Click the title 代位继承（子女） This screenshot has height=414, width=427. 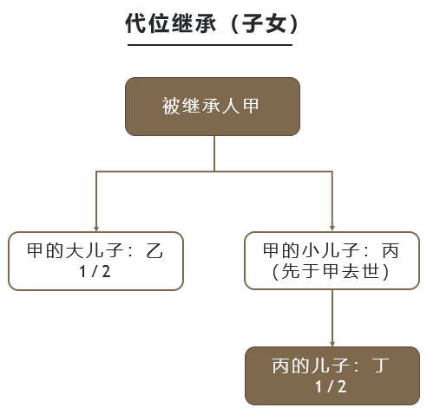pos(213,23)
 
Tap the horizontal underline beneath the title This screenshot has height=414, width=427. pos(210,45)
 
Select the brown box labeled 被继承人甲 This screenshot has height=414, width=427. pos(213,107)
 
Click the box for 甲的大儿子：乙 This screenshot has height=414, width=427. pos(95,261)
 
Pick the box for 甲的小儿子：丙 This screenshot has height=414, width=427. pos(332,261)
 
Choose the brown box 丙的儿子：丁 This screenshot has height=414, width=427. pos(332,376)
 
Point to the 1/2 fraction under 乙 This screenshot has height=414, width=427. pos(95,272)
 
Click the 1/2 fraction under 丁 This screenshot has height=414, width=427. pos(331,386)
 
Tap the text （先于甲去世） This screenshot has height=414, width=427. pos(331,271)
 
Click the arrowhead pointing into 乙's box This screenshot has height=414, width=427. pos(96,229)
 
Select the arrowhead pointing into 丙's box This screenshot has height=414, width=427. pos(332,228)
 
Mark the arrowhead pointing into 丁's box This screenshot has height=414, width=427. pos(332,344)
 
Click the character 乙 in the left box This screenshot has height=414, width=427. pos(154,250)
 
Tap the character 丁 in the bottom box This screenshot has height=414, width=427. pos(380,365)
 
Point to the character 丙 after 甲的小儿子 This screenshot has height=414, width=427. pos(391,250)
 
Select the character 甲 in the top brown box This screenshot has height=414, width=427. pos(251,106)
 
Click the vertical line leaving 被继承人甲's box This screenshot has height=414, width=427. pos(214,153)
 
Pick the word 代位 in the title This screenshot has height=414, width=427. pos(147,23)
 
